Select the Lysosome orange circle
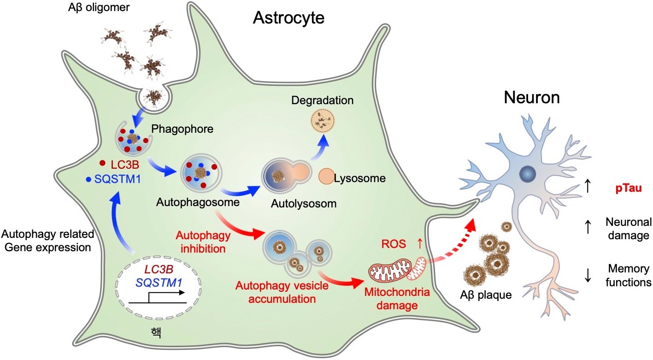click(x=328, y=177)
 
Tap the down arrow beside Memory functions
click(x=588, y=275)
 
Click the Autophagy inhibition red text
click(x=201, y=243)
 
